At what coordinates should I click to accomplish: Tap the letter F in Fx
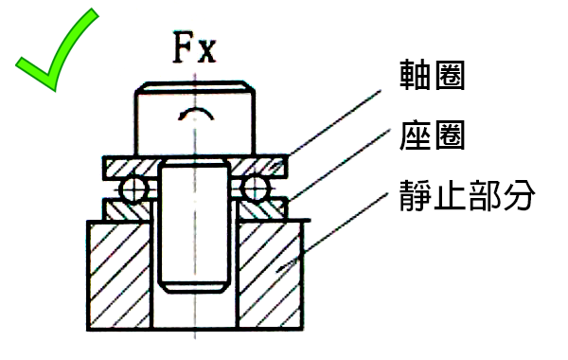pyautogui.click(x=183, y=46)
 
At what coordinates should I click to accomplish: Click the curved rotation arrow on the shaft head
pyautogui.click(x=194, y=114)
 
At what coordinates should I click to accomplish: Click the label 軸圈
pyautogui.click(x=434, y=77)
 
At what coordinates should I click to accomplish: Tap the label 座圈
pyautogui.click(x=434, y=137)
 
